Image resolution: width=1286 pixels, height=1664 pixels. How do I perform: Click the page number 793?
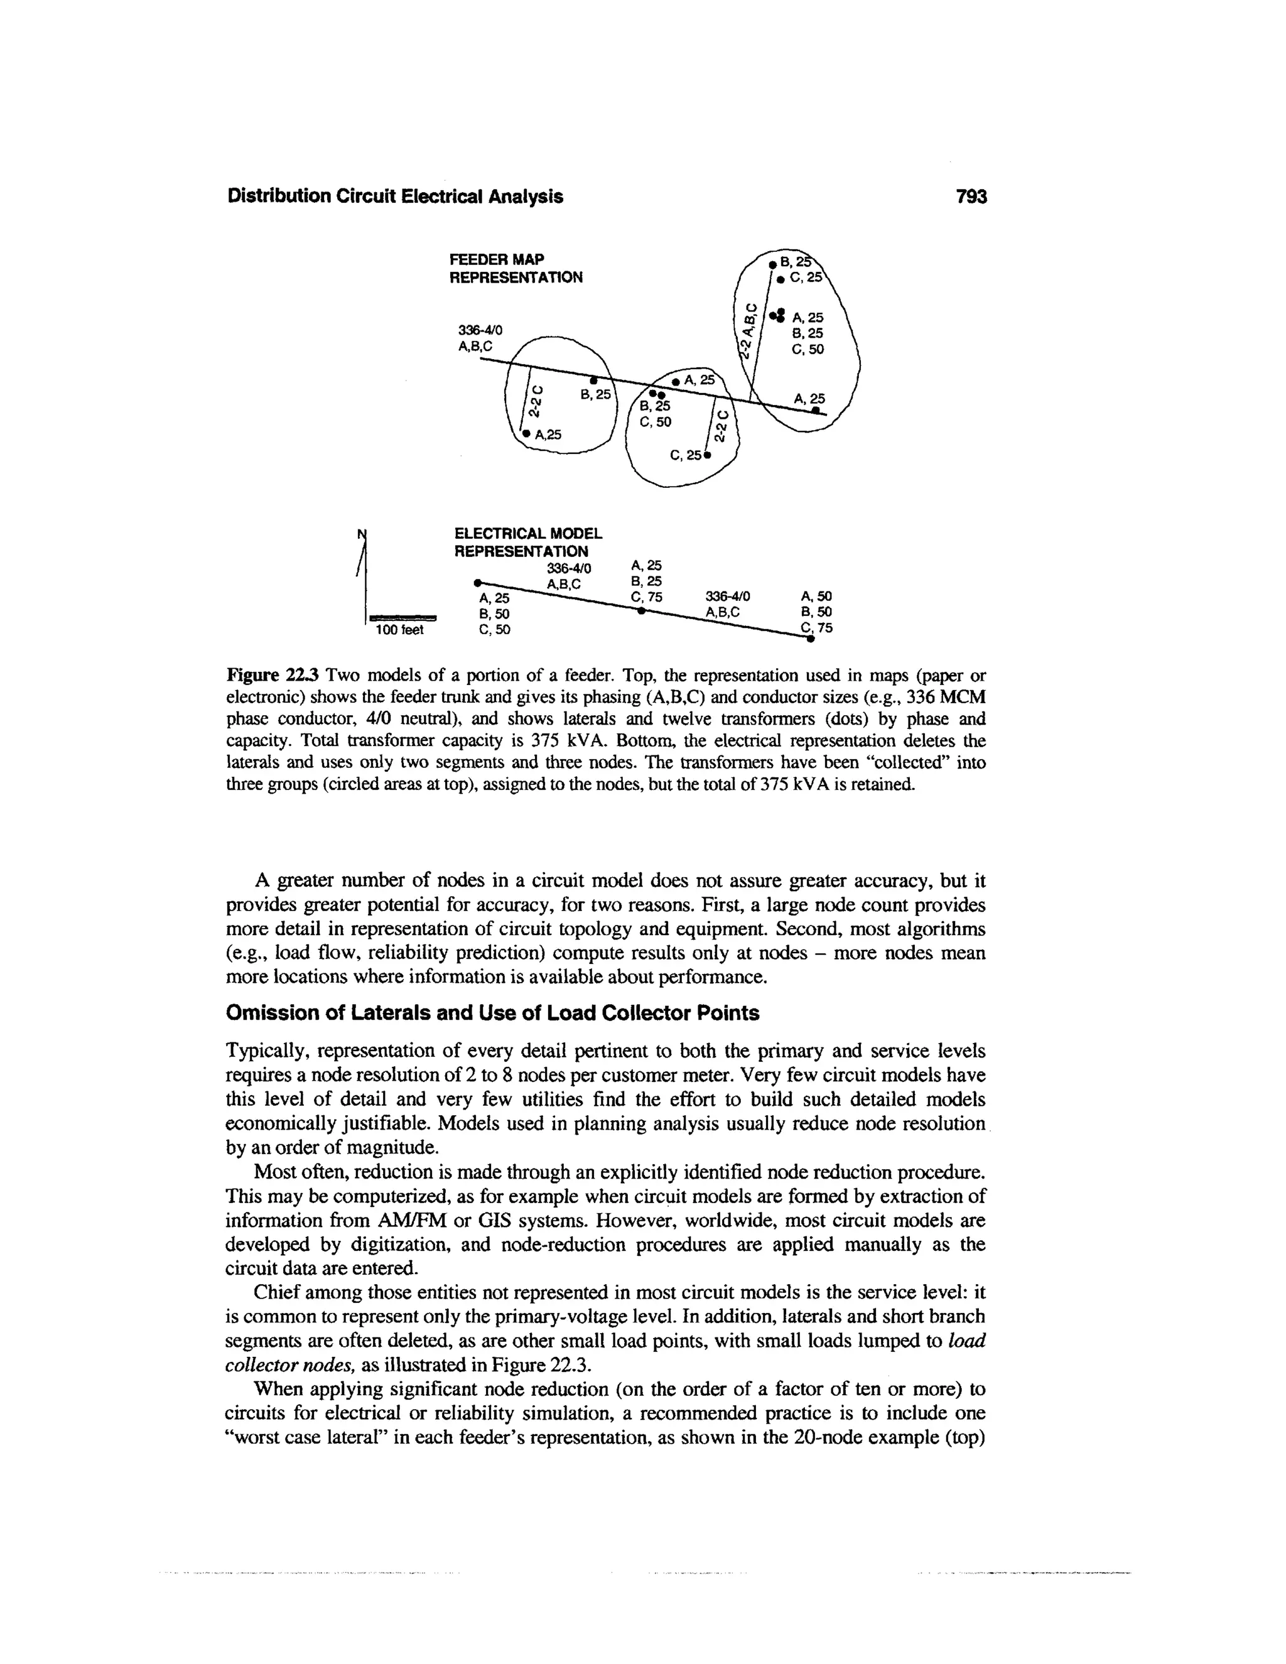tap(971, 197)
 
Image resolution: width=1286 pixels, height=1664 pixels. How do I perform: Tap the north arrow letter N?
tap(361, 532)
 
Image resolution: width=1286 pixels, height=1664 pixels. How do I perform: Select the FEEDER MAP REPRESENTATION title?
tap(516, 267)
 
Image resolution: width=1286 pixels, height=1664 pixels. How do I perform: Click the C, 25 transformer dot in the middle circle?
tap(708, 457)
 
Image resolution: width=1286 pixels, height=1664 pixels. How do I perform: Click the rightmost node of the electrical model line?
tap(811, 640)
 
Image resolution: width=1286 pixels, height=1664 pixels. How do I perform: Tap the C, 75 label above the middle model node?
tap(647, 597)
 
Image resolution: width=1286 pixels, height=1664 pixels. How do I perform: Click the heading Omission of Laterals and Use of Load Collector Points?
tap(493, 1013)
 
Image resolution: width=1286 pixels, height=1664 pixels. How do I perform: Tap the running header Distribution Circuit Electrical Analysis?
tap(396, 197)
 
